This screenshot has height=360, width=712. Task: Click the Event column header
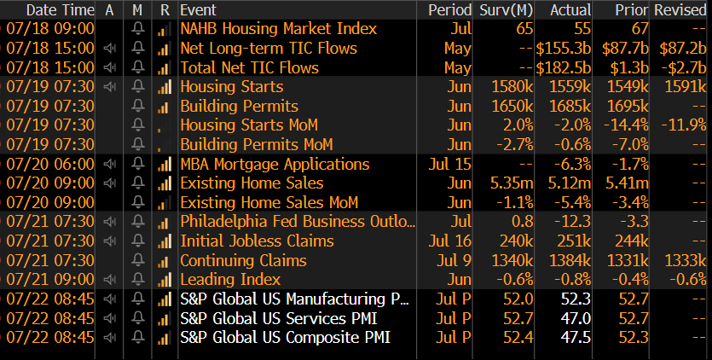pos(199,10)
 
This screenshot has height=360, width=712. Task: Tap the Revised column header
pos(680,10)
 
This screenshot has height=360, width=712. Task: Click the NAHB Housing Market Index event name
pos(278,29)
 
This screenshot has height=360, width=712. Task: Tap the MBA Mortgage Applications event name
pos(275,164)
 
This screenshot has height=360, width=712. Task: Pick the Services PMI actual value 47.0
pos(576,318)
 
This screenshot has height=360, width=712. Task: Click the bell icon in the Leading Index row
pos(137,280)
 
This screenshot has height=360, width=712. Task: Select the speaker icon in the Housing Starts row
pos(109,87)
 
